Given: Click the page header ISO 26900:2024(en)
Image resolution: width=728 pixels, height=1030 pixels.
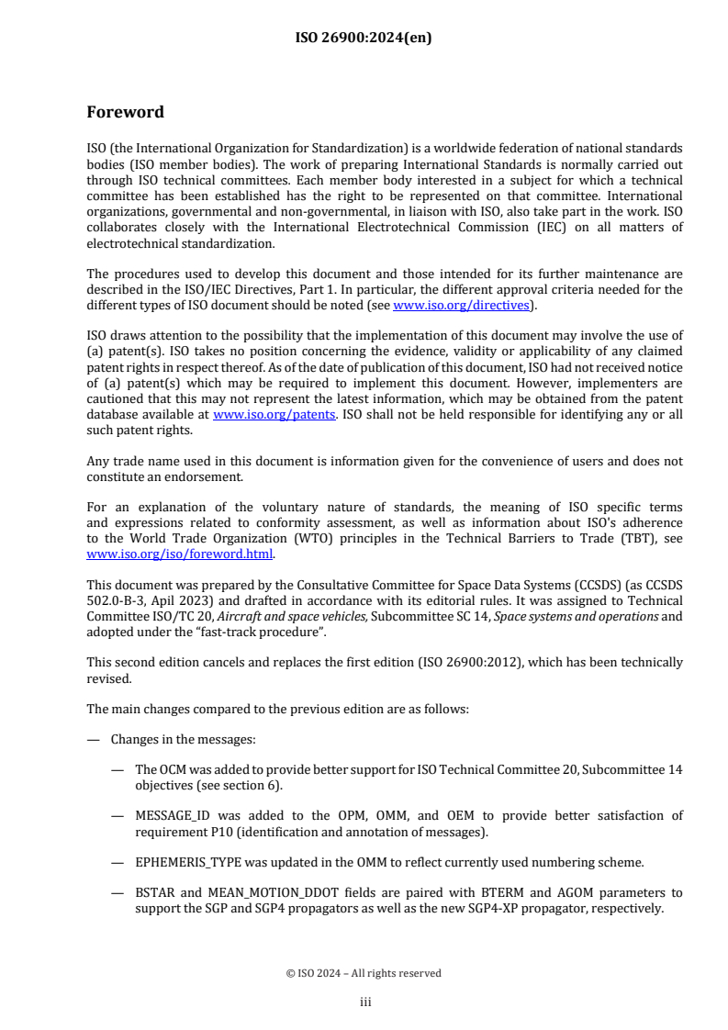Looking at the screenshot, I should (x=364, y=38).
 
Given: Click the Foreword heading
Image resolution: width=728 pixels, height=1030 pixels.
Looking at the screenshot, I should (x=125, y=112).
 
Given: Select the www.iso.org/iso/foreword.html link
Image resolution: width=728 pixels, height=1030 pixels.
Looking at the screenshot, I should (x=180, y=554).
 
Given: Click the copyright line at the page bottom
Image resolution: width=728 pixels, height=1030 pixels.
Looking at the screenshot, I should (x=364, y=973).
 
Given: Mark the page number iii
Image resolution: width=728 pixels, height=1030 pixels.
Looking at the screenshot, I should (x=364, y=1002).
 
